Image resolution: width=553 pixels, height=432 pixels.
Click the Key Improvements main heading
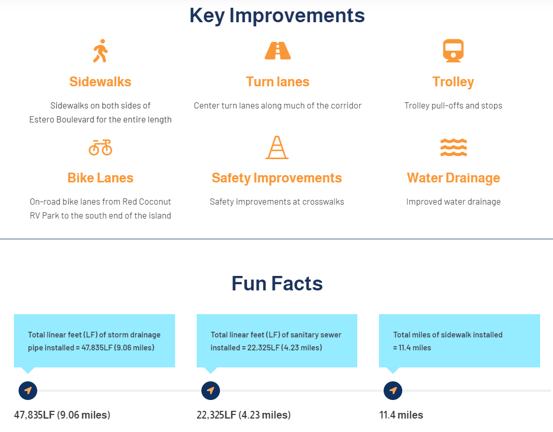277,16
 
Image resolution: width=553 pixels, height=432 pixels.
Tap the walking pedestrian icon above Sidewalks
100,51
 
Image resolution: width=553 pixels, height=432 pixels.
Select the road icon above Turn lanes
277,51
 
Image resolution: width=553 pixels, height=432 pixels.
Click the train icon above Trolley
453,51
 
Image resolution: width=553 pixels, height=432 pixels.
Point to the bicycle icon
100,147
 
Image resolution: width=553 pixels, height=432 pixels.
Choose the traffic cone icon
277,147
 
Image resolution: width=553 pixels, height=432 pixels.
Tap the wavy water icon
453,147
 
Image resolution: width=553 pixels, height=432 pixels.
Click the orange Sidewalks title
100,82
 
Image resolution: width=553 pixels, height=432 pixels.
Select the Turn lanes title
277,82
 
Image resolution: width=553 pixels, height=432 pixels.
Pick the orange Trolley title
453,82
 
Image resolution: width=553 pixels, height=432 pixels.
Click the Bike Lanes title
100,178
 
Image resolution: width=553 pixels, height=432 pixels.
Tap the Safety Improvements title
277,178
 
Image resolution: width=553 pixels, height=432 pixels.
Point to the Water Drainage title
453,178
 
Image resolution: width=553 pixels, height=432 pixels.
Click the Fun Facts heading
277,283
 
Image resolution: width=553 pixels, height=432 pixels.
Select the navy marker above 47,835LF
28,390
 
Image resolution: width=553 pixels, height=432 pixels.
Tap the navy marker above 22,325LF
210,390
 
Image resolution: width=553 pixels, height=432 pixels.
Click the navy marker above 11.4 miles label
393,390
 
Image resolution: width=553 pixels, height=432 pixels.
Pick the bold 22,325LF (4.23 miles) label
243,415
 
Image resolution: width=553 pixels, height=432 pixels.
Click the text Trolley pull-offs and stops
453,105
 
